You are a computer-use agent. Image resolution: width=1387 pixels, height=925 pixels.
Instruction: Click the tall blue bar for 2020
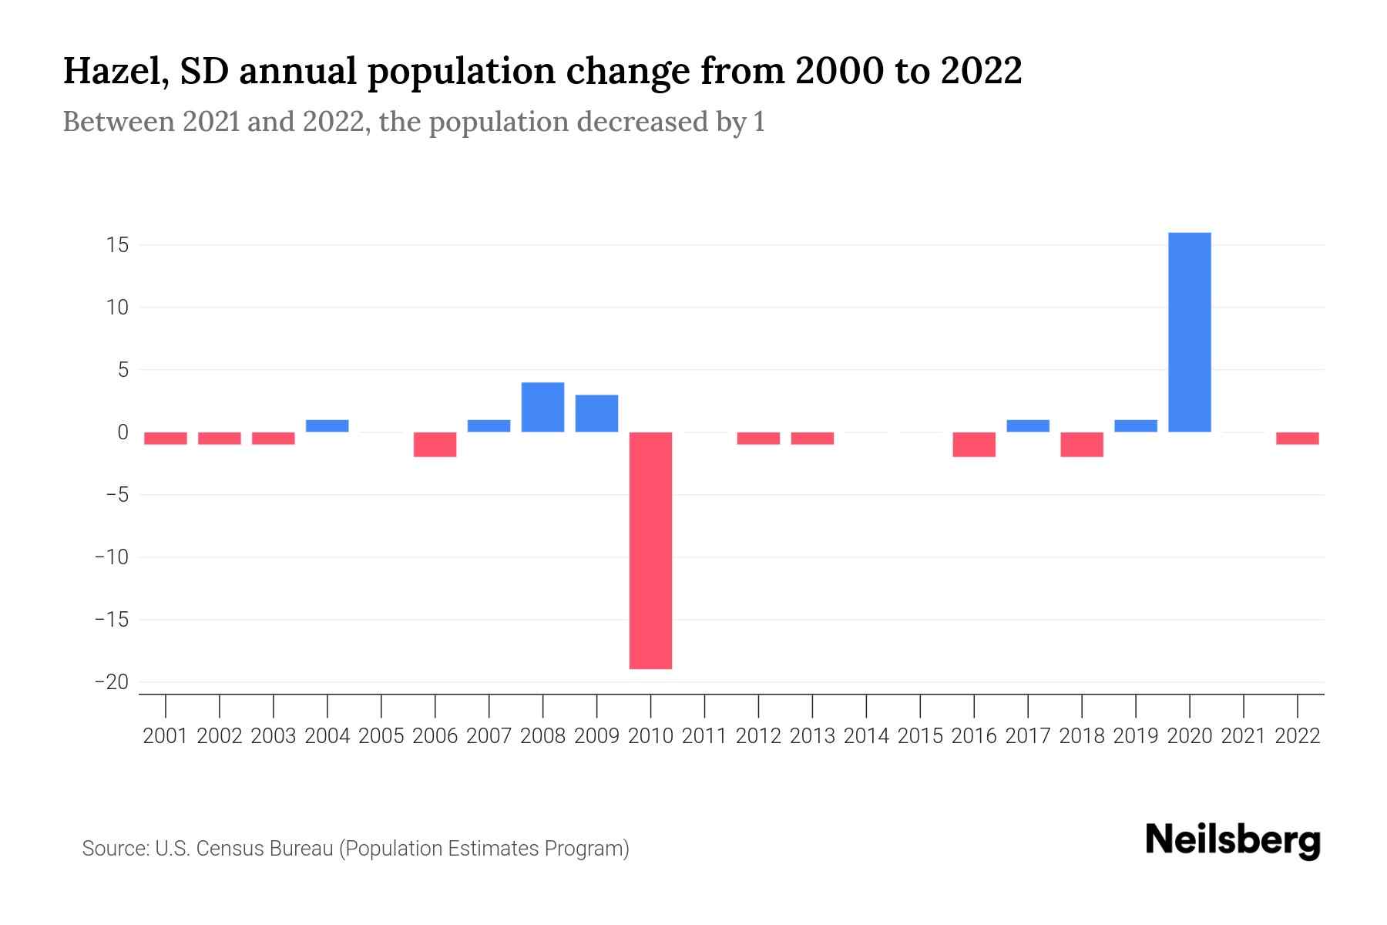pyautogui.click(x=1190, y=331)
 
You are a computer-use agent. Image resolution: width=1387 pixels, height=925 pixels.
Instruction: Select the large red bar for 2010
pyautogui.click(x=650, y=550)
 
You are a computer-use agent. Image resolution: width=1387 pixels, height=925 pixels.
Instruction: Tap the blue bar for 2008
pyautogui.click(x=542, y=407)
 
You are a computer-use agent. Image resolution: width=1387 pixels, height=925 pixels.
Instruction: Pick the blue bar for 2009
pyautogui.click(x=596, y=413)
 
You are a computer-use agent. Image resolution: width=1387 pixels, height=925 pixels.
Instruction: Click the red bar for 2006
pyautogui.click(x=435, y=444)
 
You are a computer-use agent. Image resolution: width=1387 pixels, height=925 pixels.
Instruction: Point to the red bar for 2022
pyautogui.click(x=1297, y=438)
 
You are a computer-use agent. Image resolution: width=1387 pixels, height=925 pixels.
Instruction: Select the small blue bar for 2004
pyautogui.click(x=327, y=425)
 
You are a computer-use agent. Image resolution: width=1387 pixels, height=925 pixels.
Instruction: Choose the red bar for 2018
pyautogui.click(x=1082, y=444)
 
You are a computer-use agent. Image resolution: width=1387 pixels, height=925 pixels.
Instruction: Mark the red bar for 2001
pyautogui.click(x=166, y=438)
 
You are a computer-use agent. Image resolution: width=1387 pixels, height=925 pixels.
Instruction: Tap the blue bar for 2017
pyautogui.click(x=1028, y=425)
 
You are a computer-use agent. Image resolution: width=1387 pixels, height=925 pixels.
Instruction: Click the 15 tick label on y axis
pyautogui.click(x=118, y=245)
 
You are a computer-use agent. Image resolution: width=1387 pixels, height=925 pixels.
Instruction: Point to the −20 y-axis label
pyautogui.click(x=112, y=682)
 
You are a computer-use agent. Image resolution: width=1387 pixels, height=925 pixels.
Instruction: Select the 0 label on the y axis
pyautogui.click(x=123, y=432)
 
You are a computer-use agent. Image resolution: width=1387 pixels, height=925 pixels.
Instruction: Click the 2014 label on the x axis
pyautogui.click(x=866, y=736)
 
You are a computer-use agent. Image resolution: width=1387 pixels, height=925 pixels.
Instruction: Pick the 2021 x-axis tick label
pyautogui.click(x=1243, y=736)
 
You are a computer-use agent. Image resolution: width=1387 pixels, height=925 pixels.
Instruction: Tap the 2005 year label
pyautogui.click(x=381, y=736)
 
